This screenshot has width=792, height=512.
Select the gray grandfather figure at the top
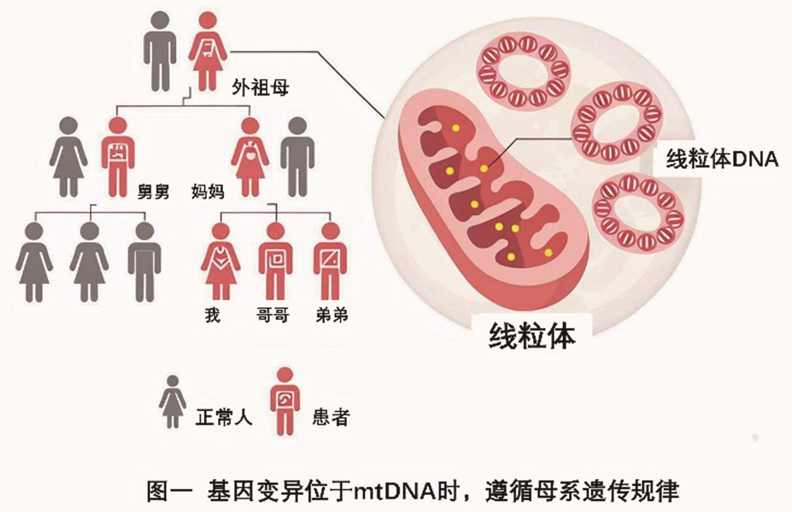tap(160, 50)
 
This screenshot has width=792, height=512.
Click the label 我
tap(212, 315)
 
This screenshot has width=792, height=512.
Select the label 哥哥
tap(273, 315)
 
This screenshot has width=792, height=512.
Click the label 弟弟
tap(332, 315)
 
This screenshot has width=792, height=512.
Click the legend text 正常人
tap(224, 417)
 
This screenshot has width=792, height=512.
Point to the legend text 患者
tap(331, 417)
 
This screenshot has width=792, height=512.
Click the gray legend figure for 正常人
tap(173, 401)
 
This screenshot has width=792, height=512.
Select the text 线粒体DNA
tap(722, 160)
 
